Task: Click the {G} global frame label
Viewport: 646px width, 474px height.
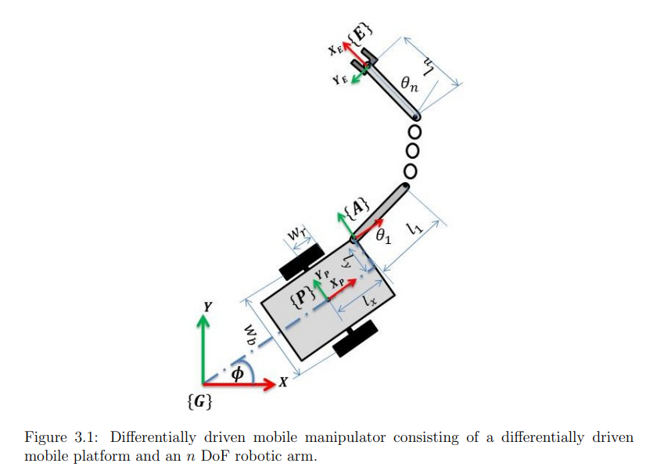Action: tap(201, 404)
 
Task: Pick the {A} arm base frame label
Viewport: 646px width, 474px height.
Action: tap(358, 208)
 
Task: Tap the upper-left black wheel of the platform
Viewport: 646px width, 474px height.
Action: tap(301, 261)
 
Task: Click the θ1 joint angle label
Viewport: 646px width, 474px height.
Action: tap(382, 237)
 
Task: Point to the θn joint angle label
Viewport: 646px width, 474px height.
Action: tap(409, 84)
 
